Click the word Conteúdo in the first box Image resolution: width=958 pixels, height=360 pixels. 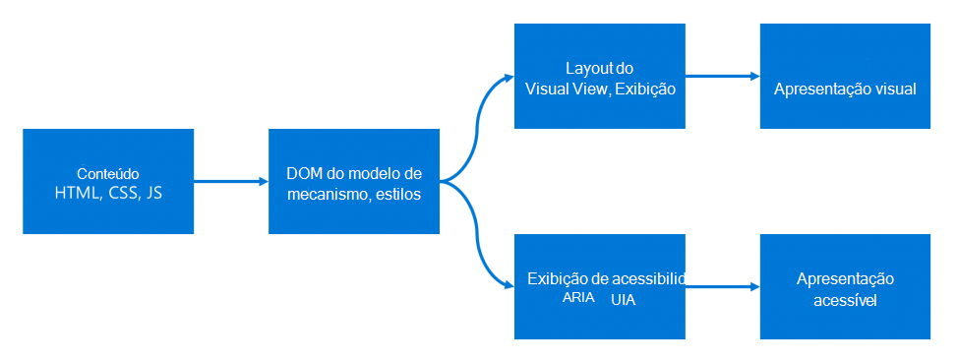[x=107, y=173]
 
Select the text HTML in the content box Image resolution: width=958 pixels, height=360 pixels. [x=80, y=194]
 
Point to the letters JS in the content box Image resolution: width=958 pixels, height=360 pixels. [x=153, y=194]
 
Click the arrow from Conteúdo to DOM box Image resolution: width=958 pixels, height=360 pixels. [x=231, y=182]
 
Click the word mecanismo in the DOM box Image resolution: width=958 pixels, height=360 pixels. [x=324, y=194]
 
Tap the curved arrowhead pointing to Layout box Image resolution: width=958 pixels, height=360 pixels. [x=508, y=76]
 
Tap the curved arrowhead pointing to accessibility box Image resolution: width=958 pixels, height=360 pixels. [x=508, y=286]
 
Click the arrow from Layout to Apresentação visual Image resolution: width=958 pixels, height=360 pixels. [x=722, y=76]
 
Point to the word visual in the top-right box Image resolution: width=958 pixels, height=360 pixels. [x=895, y=89]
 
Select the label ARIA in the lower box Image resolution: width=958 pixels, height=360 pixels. [x=578, y=298]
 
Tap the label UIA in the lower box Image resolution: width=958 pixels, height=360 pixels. [x=623, y=299]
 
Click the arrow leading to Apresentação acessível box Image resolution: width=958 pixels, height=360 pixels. [x=723, y=286]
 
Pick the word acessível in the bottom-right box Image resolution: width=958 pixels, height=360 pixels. [x=845, y=300]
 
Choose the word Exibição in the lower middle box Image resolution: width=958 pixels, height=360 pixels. [x=558, y=278]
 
